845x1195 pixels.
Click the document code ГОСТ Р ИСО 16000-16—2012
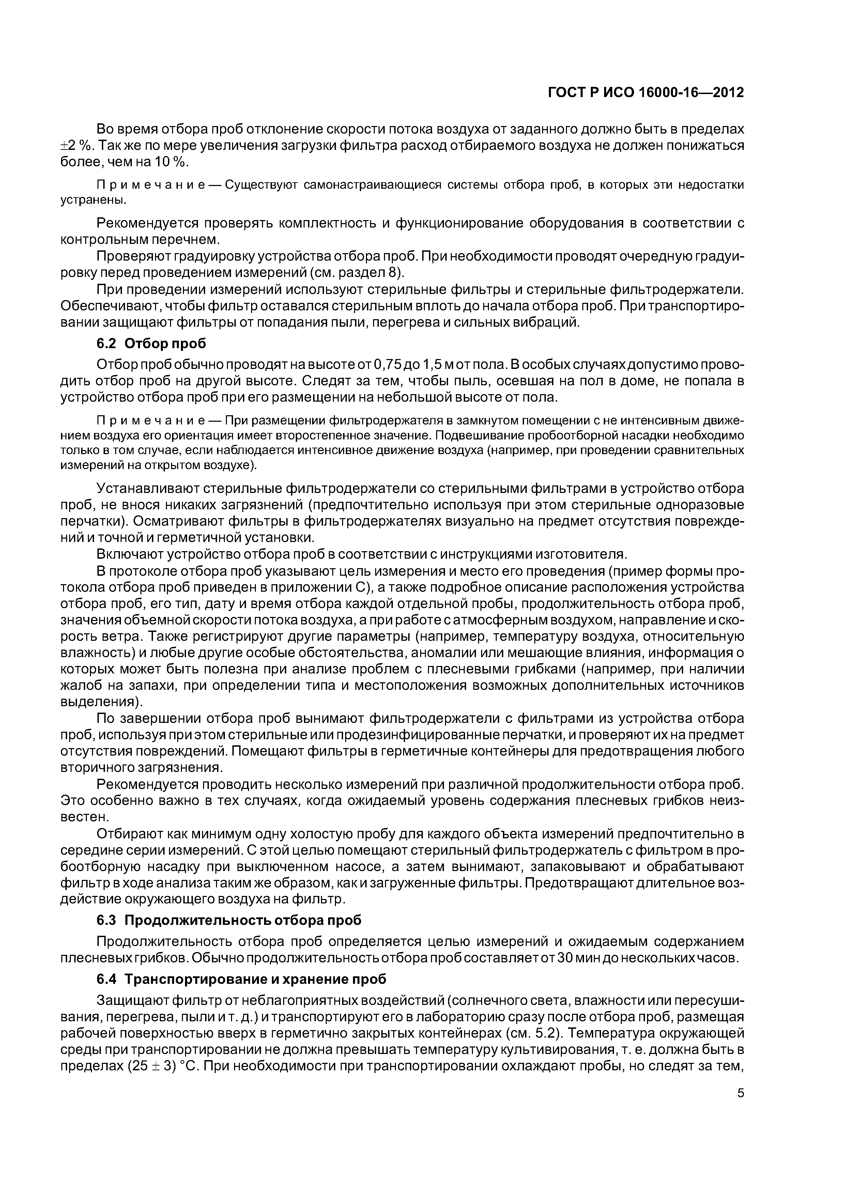coord(646,93)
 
